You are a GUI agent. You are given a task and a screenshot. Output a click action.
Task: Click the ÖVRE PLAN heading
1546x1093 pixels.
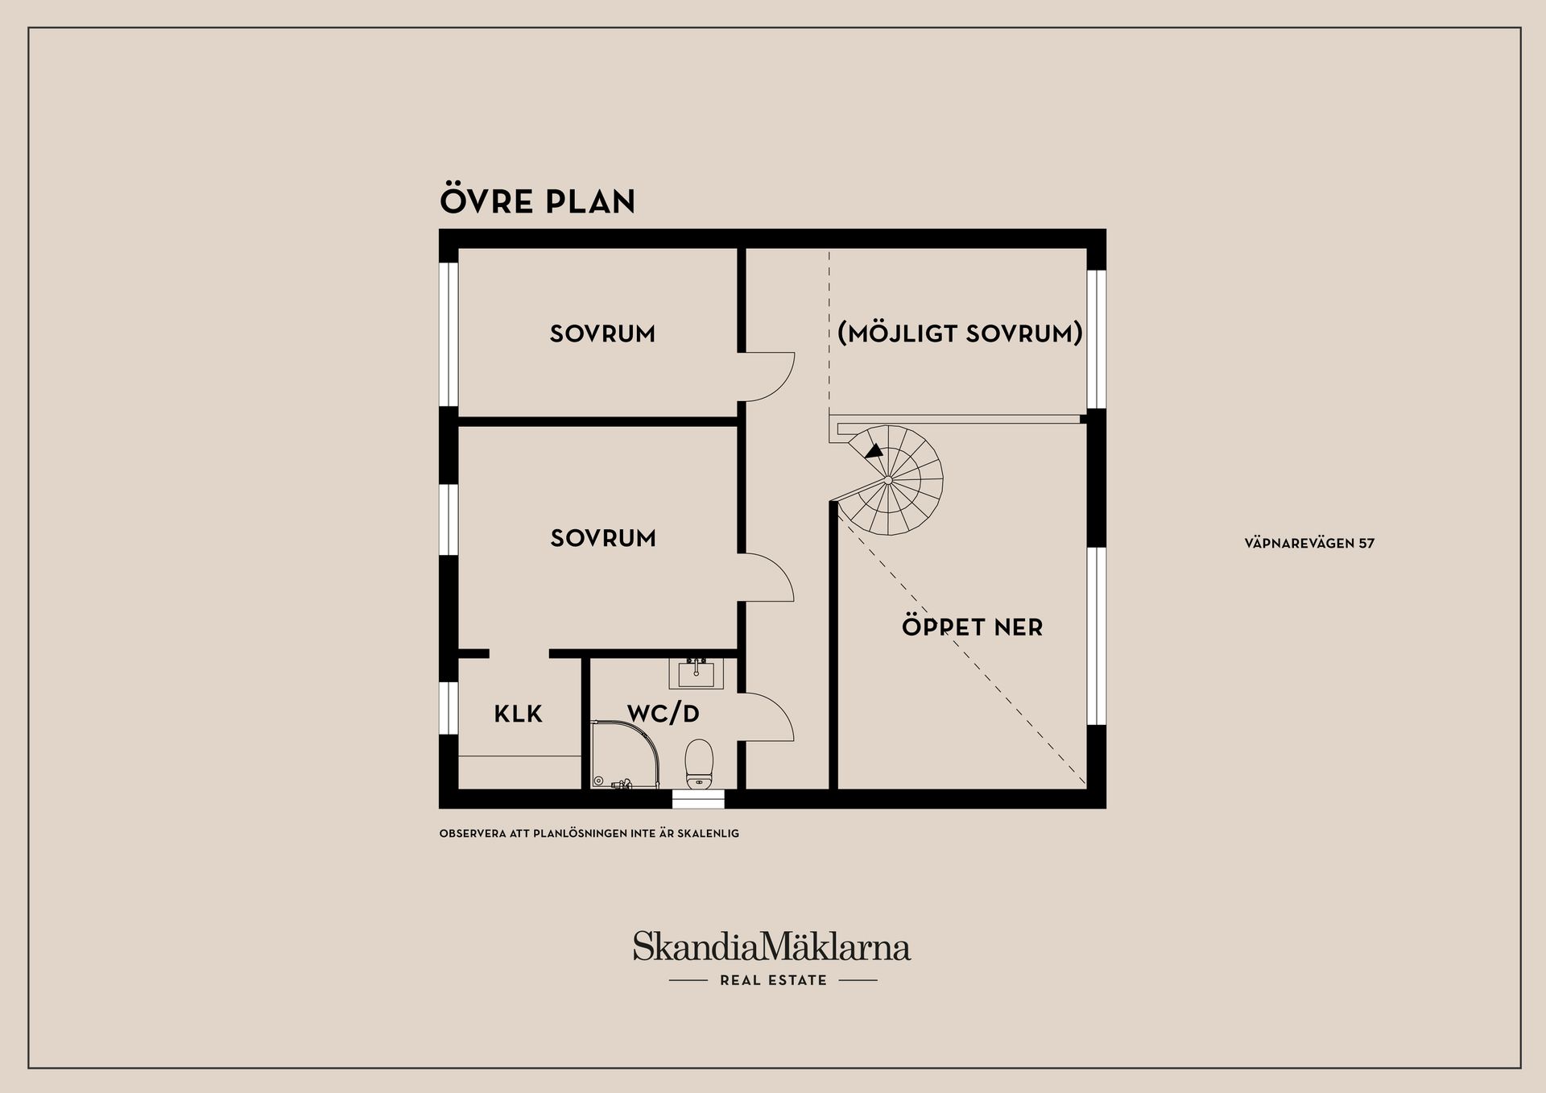[x=537, y=201]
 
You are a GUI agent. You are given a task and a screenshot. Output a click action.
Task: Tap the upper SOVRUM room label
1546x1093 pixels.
[x=602, y=333]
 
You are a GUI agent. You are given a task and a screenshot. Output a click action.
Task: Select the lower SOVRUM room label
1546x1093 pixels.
[x=603, y=538]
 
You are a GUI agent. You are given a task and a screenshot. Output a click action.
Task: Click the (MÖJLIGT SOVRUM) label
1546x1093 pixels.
[x=960, y=333]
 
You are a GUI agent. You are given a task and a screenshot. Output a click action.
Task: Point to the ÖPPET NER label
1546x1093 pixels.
[x=972, y=627]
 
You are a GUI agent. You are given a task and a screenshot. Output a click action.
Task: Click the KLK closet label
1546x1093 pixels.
[x=518, y=714]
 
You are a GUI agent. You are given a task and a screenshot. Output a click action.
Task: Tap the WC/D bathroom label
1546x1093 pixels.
[x=663, y=713]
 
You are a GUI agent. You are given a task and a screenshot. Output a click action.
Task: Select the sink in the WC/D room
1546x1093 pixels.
[x=696, y=673]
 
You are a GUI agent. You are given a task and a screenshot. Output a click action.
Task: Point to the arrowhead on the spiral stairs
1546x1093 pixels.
[x=874, y=451]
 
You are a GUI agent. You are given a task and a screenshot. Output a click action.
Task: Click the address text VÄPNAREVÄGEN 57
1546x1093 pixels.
[x=1309, y=544]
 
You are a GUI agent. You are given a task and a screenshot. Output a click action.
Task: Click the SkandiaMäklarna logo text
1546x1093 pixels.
[x=771, y=946]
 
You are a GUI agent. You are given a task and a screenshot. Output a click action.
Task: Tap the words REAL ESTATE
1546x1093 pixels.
[x=773, y=980]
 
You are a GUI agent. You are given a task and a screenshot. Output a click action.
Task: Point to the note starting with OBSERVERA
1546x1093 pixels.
[x=589, y=834]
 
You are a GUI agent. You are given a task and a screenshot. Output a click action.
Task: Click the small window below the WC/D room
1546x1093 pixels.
[x=698, y=799]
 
